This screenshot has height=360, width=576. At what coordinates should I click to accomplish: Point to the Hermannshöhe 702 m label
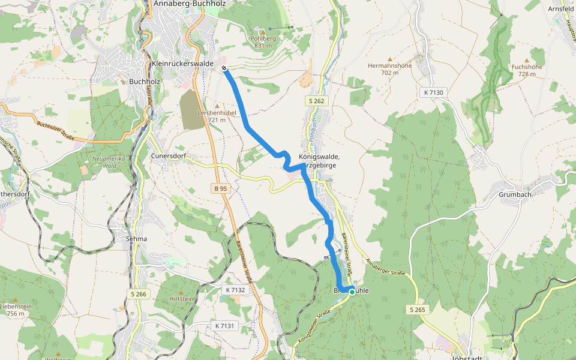pos(390,69)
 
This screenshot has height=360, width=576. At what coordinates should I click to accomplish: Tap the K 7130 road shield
pos(433,92)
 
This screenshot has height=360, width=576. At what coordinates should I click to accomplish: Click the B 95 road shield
pos(221,188)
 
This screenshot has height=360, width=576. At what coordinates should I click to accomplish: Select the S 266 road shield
pos(138,294)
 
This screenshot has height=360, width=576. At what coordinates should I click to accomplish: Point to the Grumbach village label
pos(515,194)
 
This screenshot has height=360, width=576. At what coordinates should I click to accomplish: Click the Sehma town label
pos(137,239)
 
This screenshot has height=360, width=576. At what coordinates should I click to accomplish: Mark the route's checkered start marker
pos(224,68)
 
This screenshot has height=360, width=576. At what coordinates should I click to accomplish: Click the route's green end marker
pos(352,292)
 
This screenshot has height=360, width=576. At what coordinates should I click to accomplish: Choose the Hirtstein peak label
pos(182,298)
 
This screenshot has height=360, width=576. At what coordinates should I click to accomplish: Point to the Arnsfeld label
pos(562,9)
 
